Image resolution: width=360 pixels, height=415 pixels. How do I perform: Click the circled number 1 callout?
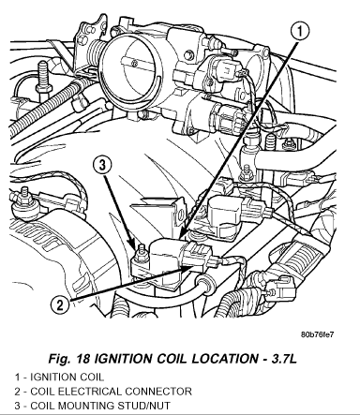[x=299, y=31]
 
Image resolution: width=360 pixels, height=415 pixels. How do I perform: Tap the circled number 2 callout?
[x=60, y=304]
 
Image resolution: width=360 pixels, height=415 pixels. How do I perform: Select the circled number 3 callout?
[x=103, y=165]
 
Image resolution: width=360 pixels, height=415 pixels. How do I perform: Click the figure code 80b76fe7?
[x=317, y=334]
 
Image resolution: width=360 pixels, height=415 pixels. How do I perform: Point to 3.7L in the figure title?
[x=284, y=358]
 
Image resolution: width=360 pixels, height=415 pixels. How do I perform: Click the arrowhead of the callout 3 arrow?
[x=133, y=245]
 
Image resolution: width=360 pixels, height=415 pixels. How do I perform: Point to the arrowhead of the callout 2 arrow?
[x=187, y=268]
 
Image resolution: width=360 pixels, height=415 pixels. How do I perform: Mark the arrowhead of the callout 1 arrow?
[x=184, y=234]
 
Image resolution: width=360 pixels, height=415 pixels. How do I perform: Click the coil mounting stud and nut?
[x=140, y=255]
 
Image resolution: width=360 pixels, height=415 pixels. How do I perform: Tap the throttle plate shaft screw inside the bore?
[x=135, y=64]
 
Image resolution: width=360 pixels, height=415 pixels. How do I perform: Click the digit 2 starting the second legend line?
[x=18, y=392]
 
